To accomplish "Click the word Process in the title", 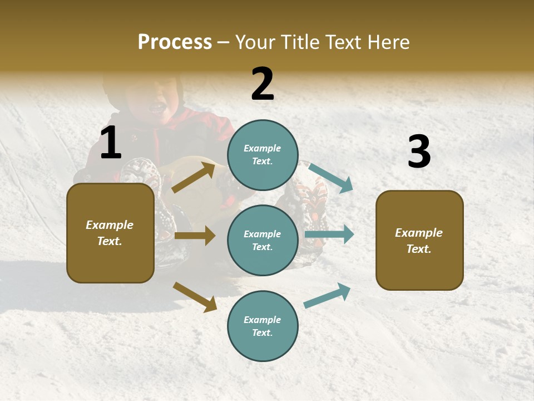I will [175, 42].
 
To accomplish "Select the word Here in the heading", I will [388, 42].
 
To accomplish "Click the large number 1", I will [111, 143].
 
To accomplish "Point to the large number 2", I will [263, 84].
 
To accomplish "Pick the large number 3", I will [419, 151].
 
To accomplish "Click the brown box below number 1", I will [110, 233].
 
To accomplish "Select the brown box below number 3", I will [419, 240].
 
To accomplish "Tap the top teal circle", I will [263, 154].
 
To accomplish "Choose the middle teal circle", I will [263, 240].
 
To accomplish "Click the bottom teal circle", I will [263, 326].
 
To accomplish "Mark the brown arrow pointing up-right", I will [194, 178].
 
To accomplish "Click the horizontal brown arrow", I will [195, 236].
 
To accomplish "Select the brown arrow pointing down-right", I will [195, 297].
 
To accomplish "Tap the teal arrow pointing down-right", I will [331, 178].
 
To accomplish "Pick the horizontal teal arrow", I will [329, 234].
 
